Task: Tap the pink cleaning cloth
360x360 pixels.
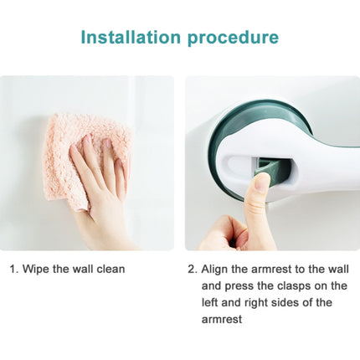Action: tap(80, 155)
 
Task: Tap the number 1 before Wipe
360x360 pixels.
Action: tap(13, 270)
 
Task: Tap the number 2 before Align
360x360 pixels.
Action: tap(192, 270)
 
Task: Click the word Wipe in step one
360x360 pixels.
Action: tap(39, 270)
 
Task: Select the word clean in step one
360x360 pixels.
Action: tap(110, 270)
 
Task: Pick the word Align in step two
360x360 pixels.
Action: tap(218, 270)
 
